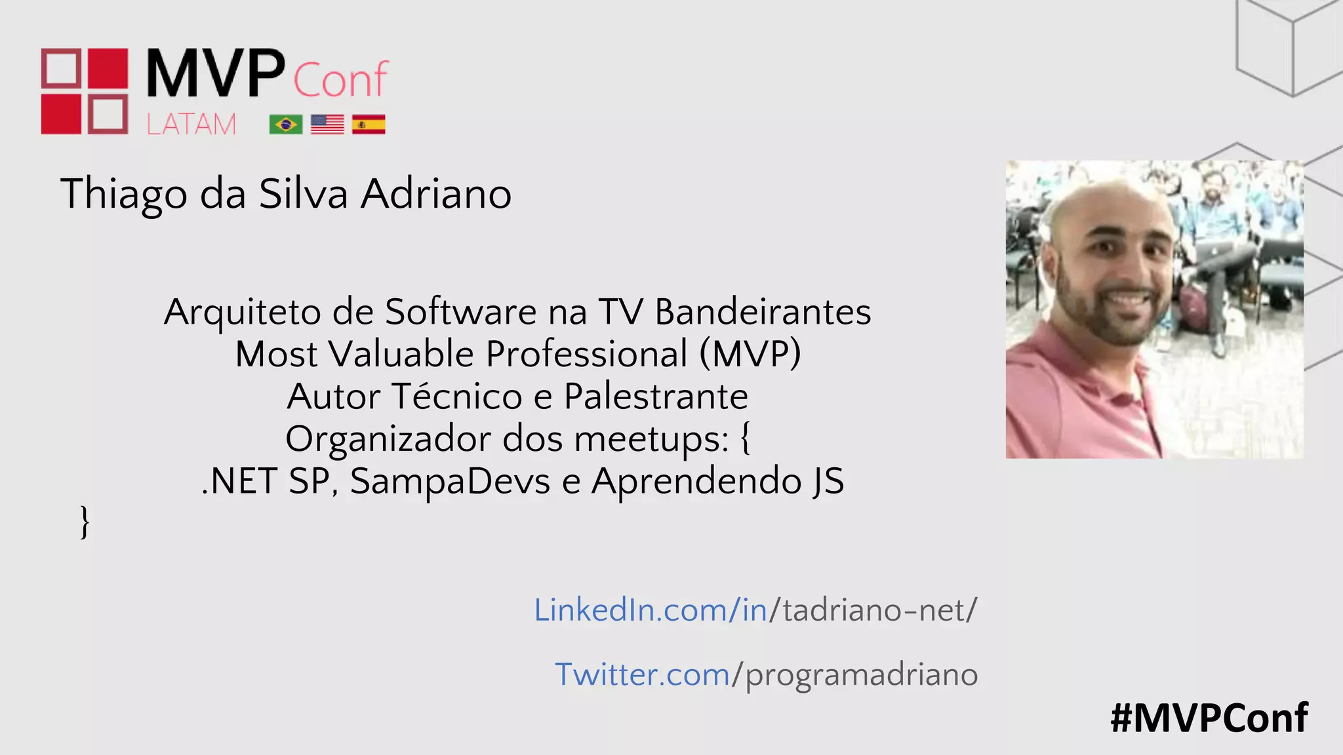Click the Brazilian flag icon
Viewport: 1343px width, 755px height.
pyautogui.click(x=285, y=124)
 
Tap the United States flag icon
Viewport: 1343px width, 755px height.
pyautogui.click(x=327, y=124)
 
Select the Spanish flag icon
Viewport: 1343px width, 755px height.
pyautogui.click(x=369, y=124)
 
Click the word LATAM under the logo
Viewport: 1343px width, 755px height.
pyautogui.click(x=191, y=125)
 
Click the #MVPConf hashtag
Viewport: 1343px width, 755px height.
pyautogui.click(x=1209, y=718)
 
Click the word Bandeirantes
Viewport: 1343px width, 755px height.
pyautogui.click(x=763, y=312)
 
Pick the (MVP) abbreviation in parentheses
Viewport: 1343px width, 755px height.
pyautogui.click(x=750, y=355)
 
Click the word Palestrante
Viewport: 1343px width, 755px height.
pyautogui.click(x=655, y=397)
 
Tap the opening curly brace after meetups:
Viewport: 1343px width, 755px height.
pyautogui.click(x=746, y=438)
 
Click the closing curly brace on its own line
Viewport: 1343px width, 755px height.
pyautogui.click(x=85, y=522)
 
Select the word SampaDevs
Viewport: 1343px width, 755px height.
pyautogui.click(x=449, y=481)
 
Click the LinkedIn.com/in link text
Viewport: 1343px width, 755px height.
pyautogui.click(x=651, y=610)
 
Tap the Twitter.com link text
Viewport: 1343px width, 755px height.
pyautogui.click(x=642, y=674)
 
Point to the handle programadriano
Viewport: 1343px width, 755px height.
pyautogui.click(x=861, y=675)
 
